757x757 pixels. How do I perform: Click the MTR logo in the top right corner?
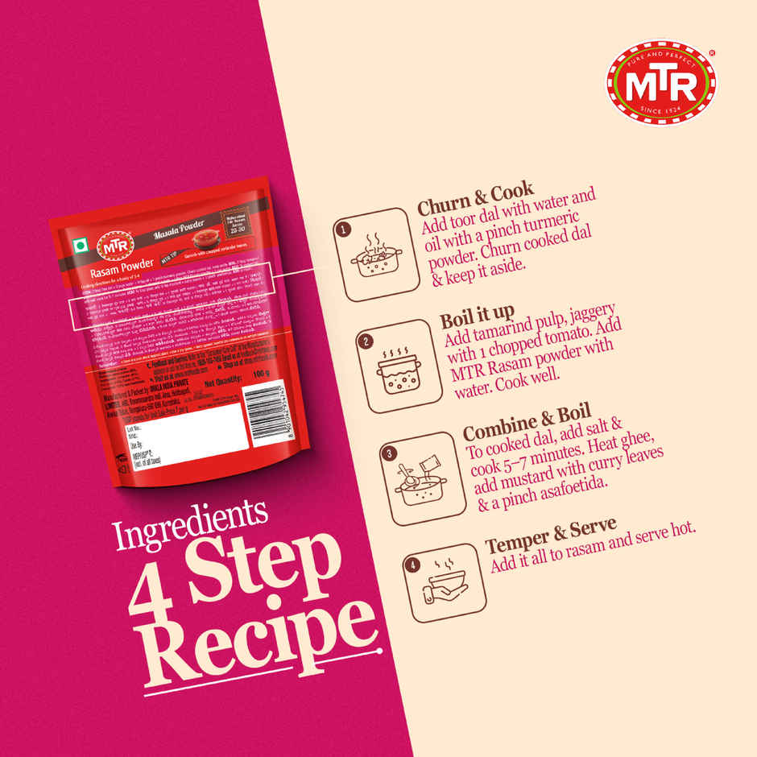[662, 83]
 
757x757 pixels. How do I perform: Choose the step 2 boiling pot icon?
[394, 366]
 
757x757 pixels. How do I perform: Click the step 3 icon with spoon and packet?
[417, 478]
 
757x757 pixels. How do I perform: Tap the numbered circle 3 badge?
[388, 454]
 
